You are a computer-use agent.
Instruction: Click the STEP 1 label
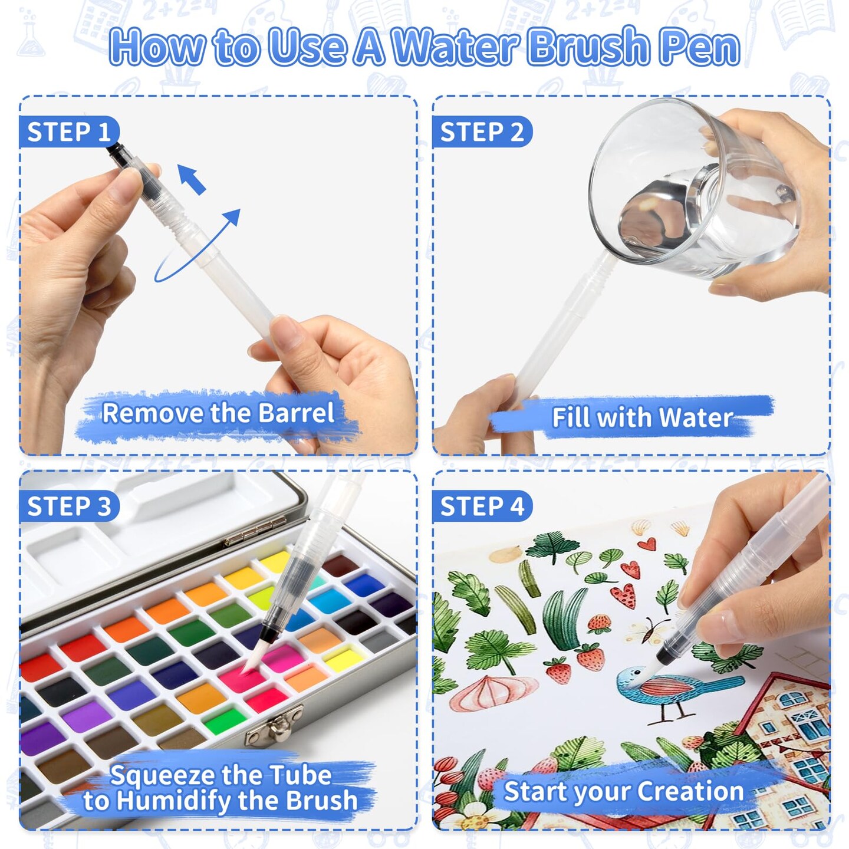click(69, 131)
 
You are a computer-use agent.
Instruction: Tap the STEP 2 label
click(482, 131)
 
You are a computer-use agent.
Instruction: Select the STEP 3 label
click(69, 506)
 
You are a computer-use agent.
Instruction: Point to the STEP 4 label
click(482, 506)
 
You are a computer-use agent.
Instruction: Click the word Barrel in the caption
click(295, 413)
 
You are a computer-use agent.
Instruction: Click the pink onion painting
click(493, 692)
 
